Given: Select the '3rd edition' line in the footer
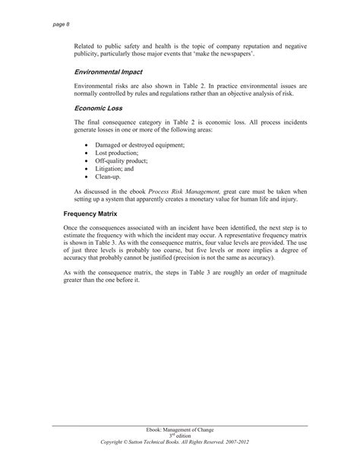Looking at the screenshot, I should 179,436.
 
